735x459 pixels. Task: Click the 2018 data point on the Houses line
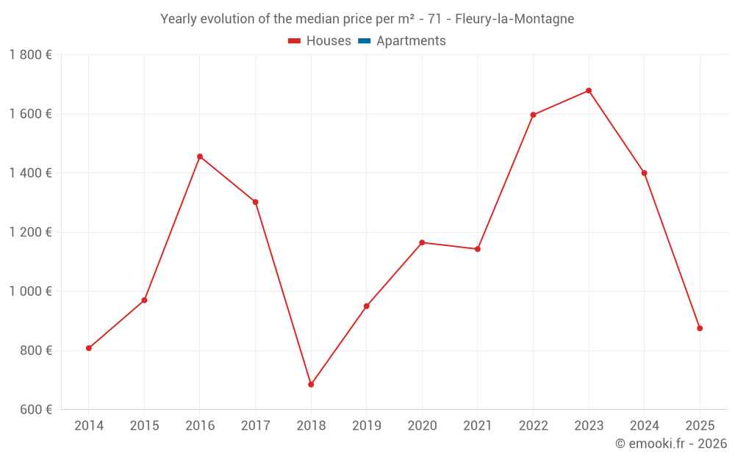point(311,384)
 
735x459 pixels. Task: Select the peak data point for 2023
point(589,91)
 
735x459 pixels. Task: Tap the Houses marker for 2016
point(200,156)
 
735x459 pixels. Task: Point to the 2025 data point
point(700,328)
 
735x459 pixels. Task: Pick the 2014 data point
point(89,348)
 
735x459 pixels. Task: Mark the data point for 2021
point(478,249)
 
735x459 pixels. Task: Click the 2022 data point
point(533,115)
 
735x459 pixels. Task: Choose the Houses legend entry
point(320,41)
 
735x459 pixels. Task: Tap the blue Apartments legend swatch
point(364,41)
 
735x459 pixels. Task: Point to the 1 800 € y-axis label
point(31,55)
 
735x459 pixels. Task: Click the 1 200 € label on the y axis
point(31,233)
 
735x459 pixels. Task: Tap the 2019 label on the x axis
point(367,426)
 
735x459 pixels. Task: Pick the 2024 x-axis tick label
point(644,426)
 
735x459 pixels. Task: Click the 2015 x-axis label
point(144,426)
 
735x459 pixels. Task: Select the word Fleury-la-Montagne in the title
point(514,19)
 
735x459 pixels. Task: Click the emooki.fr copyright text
point(671,444)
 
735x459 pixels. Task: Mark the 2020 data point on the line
point(422,242)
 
